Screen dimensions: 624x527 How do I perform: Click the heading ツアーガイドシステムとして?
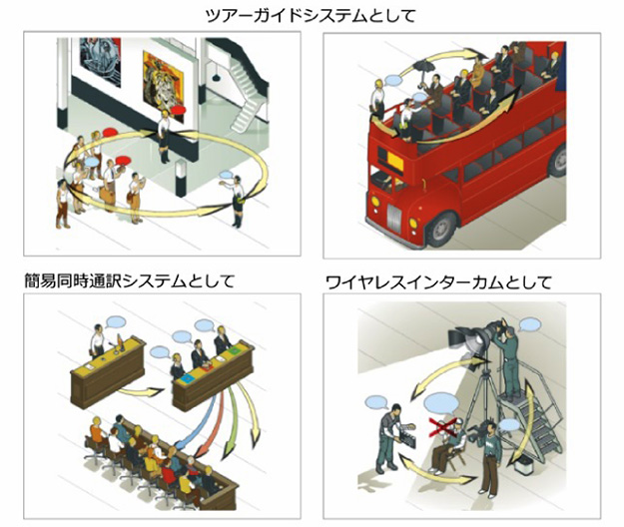tap(311, 15)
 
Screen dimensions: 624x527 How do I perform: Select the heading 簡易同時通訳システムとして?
tap(129, 281)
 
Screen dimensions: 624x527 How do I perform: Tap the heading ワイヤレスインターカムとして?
tap(438, 282)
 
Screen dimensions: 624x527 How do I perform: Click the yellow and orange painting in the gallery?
tap(164, 81)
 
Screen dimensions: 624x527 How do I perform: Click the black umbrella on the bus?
tap(424, 66)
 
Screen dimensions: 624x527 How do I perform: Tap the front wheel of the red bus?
tap(442, 230)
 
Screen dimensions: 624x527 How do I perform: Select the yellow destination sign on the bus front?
tap(394, 162)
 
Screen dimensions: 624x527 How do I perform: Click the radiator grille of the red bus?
tap(394, 218)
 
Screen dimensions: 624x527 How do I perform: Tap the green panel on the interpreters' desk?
tap(234, 350)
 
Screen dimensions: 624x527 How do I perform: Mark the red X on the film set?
tap(441, 427)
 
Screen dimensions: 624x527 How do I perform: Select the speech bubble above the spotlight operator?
tap(530, 325)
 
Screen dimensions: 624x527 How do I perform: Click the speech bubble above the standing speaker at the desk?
tap(116, 321)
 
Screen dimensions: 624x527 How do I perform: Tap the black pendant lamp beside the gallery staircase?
tap(216, 77)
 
